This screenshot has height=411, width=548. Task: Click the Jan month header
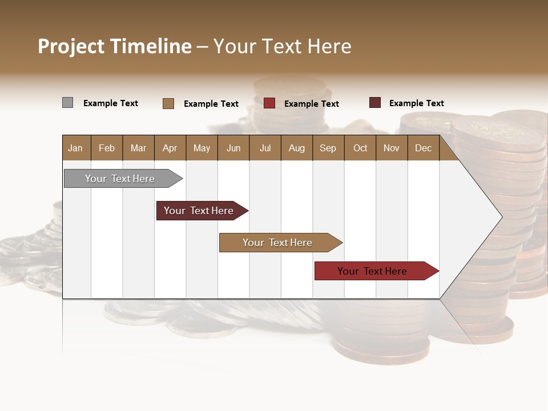click(x=75, y=148)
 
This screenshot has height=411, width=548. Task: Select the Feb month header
click(x=107, y=148)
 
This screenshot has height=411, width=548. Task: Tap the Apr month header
click(x=170, y=148)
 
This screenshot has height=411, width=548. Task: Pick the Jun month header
click(x=233, y=148)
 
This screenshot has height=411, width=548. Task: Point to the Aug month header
click(x=296, y=148)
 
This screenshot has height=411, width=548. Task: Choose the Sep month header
click(x=328, y=148)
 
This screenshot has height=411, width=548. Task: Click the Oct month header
click(x=360, y=148)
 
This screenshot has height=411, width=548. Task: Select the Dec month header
click(x=423, y=148)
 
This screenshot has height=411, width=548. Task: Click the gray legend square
click(x=67, y=103)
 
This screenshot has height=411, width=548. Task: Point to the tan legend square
click(x=168, y=103)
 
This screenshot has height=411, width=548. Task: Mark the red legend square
click(x=269, y=103)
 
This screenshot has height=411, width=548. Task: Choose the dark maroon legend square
click(x=374, y=103)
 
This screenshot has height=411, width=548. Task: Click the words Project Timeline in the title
click(x=115, y=46)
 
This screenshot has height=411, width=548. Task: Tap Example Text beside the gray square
click(x=111, y=103)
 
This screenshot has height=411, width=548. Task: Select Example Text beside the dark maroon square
click(x=417, y=103)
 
